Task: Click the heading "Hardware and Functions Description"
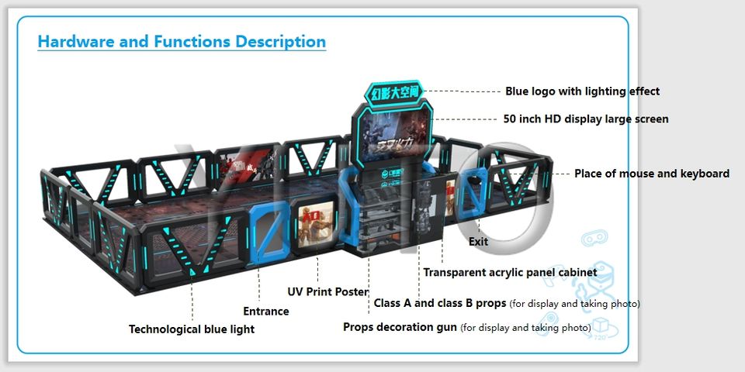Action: pyautogui.click(x=182, y=42)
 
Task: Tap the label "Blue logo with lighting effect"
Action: pyautogui.click(x=582, y=91)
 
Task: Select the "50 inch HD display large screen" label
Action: pyautogui.click(x=585, y=119)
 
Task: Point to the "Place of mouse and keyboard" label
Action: pyautogui.click(x=651, y=174)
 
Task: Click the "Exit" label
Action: pyautogui.click(x=478, y=242)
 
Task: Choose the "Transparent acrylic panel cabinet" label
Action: pyautogui.click(x=510, y=273)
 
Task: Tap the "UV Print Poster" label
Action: pyautogui.click(x=328, y=291)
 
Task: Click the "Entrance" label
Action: pyautogui.click(x=265, y=312)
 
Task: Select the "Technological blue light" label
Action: pyautogui.click(x=191, y=329)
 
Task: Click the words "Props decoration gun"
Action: pyautogui.click(x=400, y=327)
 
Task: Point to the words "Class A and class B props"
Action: pyautogui.click(x=440, y=303)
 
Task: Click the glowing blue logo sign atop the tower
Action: pyautogui.click(x=395, y=95)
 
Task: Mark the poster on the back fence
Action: pyautogui.click(x=242, y=164)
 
